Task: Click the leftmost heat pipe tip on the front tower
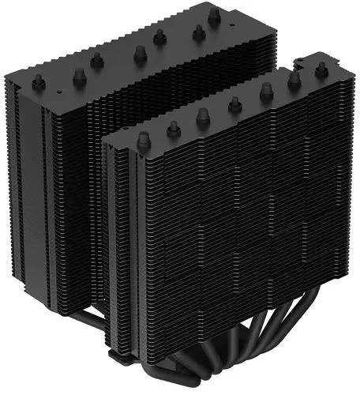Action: (x=143, y=141)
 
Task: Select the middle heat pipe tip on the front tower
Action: (x=234, y=103)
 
